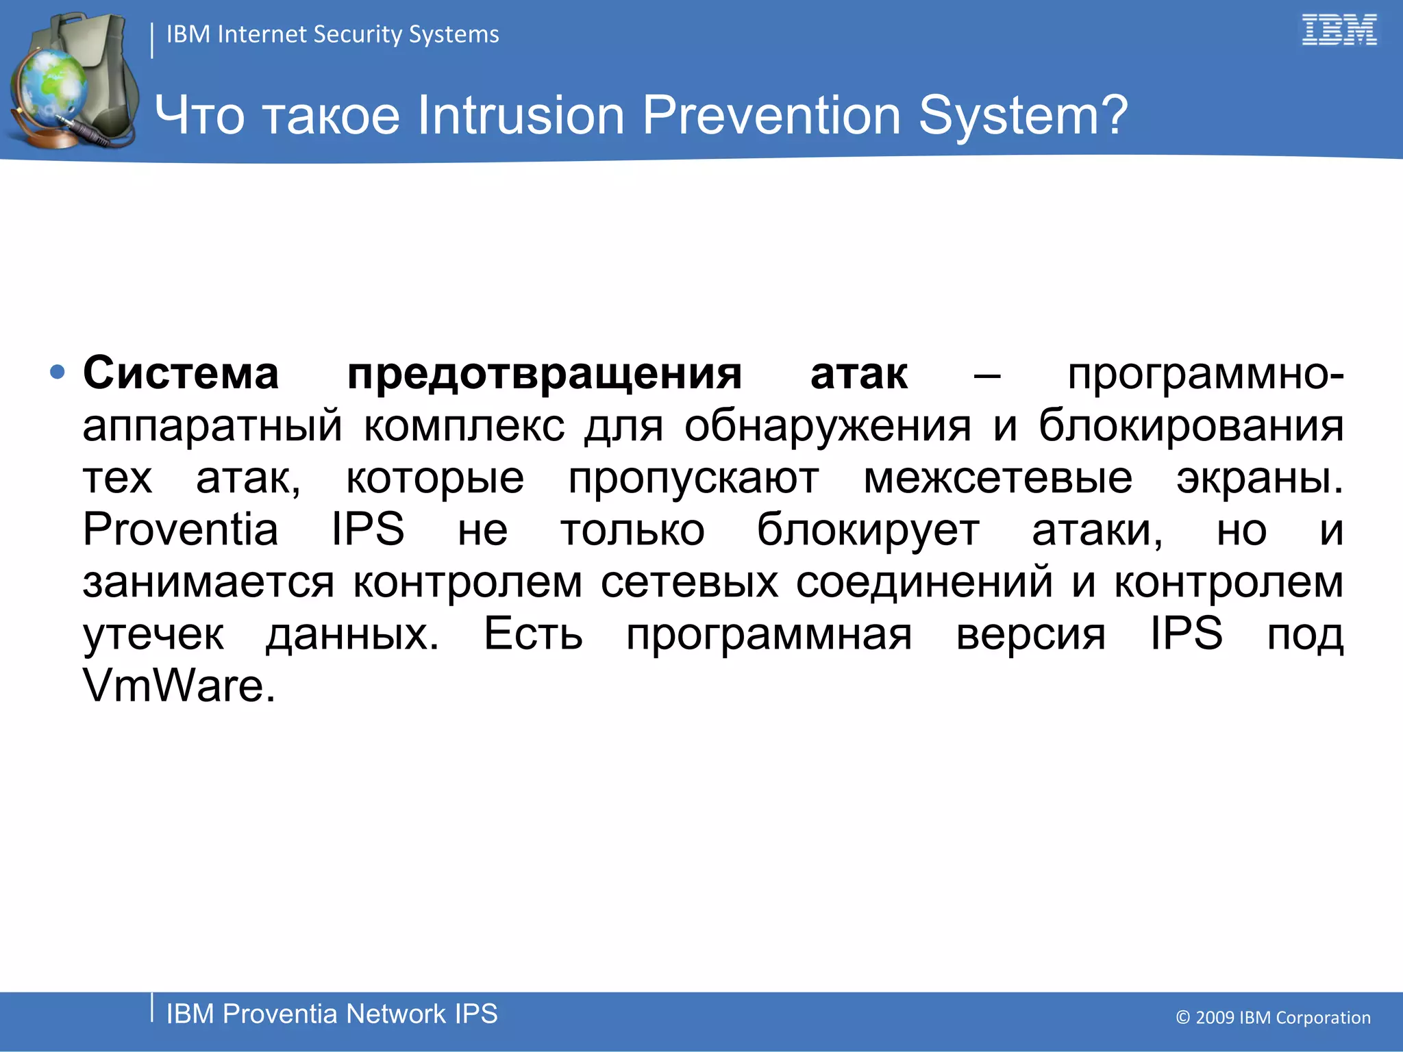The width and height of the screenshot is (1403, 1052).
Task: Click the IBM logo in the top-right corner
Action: tap(1339, 30)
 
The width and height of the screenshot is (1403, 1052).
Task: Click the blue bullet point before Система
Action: tap(58, 373)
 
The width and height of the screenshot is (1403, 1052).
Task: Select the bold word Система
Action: tap(181, 374)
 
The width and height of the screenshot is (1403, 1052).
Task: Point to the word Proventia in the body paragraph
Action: tap(180, 529)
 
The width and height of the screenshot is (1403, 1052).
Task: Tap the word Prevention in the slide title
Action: tap(771, 115)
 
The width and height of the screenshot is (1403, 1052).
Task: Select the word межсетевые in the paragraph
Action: tap(997, 478)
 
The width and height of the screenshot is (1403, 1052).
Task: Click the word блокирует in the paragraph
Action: tap(868, 530)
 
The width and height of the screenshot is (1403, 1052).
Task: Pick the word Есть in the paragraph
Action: tap(533, 634)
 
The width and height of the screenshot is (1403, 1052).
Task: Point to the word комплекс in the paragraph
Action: tap(464, 426)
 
